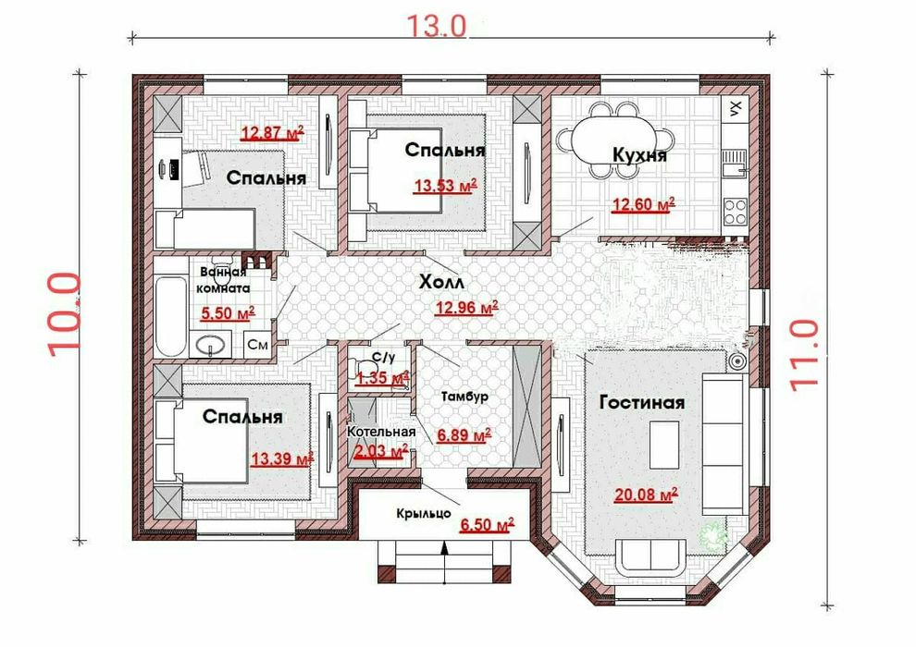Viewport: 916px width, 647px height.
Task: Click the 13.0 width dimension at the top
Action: click(x=436, y=25)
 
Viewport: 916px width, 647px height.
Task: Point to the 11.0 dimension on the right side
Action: click(x=804, y=355)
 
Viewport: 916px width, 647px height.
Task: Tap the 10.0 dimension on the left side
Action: click(x=64, y=315)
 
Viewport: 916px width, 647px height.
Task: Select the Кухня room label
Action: click(x=639, y=156)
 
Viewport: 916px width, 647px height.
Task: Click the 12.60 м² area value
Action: click(x=643, y=205)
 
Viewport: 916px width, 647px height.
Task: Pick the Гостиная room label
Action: click(x=642, y=403)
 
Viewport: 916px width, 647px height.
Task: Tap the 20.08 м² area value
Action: click(x=646, y=494)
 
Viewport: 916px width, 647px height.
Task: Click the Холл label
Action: click(x=441, y=283)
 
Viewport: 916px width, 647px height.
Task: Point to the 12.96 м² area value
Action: click(x=466, y=307)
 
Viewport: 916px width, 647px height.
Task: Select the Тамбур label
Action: click(x=464, y=397)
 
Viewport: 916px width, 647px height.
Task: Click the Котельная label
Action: click(x=381, y=432)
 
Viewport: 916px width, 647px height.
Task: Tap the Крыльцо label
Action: click(x=424, y=513)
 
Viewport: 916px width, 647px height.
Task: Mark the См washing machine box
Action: click(x=257, y=345)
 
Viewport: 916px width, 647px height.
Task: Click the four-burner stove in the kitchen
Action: click(x=735, y=212)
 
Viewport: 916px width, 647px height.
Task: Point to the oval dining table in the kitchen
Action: click(x=614, y=140)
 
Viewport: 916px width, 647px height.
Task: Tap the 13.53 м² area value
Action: click(x=446, y=187)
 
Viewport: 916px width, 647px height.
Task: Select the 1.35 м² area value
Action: click(x=382, y=378)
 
